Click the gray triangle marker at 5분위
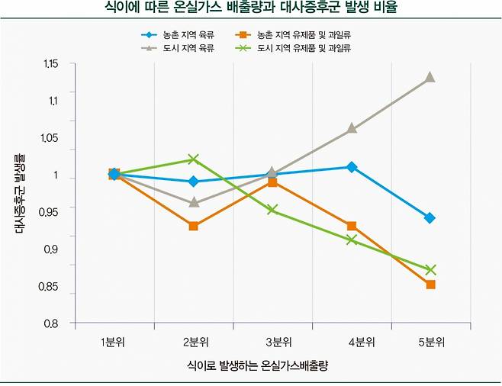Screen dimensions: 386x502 [430, 77]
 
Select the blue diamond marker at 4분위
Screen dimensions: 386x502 [352, 167]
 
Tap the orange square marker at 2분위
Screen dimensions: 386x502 [194, 226]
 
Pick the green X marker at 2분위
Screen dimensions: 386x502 [194, 159]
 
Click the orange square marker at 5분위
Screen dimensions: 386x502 [430, 285]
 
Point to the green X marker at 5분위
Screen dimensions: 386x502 [430, 270]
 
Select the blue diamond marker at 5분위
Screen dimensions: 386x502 [430, 218]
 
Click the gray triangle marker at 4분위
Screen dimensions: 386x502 [352, 128]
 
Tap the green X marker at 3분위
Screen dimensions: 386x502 [272, 210]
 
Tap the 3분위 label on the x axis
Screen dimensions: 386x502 [272, 340]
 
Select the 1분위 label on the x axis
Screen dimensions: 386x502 [114, 340]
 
